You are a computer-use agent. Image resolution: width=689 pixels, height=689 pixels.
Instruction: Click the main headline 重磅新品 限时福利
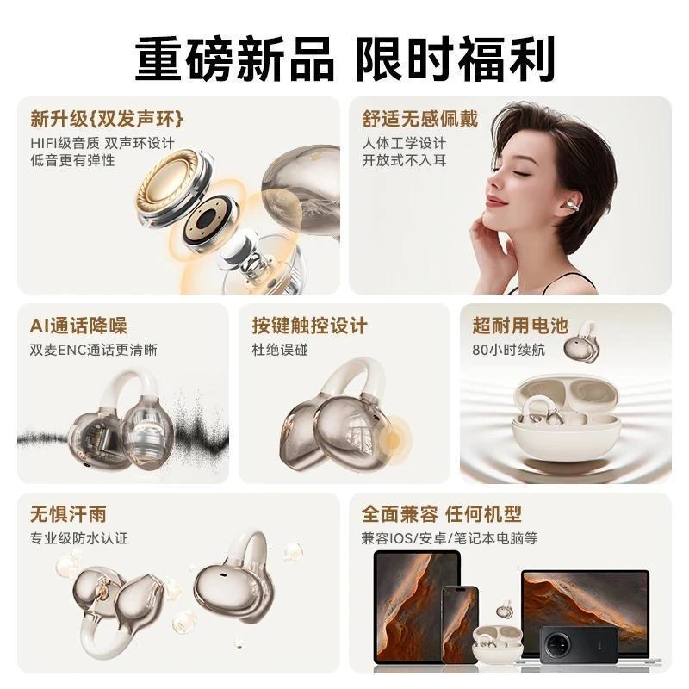[344, 59]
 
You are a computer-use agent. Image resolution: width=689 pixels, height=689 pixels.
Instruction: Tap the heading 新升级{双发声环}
[107, 119]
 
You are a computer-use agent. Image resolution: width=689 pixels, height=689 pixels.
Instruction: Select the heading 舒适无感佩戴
[419, 119]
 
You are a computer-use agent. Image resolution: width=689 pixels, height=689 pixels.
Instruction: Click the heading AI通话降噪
[78, 326]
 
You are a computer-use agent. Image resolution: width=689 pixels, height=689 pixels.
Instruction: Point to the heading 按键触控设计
[309, 326]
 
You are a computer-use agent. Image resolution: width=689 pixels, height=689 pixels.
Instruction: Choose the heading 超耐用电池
[520, 326]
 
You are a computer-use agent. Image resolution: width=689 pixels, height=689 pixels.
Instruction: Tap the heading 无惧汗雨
[68, 513]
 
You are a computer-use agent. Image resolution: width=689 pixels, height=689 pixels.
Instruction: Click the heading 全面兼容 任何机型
[441, 513]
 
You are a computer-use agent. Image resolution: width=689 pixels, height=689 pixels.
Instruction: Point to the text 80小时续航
[508, 351]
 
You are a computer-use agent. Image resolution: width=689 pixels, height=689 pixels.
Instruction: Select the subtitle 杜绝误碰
[280, 351]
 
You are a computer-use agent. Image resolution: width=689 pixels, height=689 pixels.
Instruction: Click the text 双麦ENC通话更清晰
[94, 351]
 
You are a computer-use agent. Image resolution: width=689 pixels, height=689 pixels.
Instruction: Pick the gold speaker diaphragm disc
[169, 186]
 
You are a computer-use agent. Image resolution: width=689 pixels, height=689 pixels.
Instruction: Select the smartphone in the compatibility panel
[460, 624]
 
